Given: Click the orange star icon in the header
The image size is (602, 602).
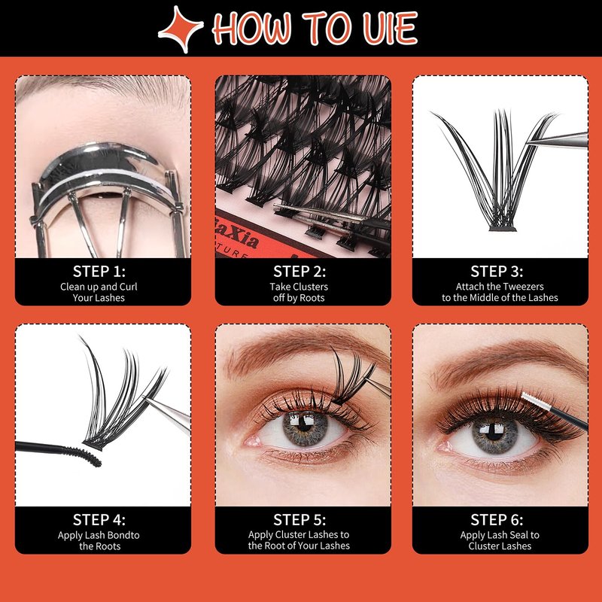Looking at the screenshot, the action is point(181,29).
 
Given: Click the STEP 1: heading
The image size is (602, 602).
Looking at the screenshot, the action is point(99,272).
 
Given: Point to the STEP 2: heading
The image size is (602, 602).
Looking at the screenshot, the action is point(299,272).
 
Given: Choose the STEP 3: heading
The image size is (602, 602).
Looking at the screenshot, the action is point(497,272).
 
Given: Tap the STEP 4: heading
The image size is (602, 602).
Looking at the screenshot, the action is point(99,520).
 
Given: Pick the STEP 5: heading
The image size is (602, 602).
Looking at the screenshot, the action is point(299,520).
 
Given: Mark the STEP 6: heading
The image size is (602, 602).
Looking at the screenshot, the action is point(497,520).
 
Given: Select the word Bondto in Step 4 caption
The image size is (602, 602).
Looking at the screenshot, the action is point(123,535).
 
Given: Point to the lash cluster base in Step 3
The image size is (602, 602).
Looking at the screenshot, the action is point(502,229).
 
